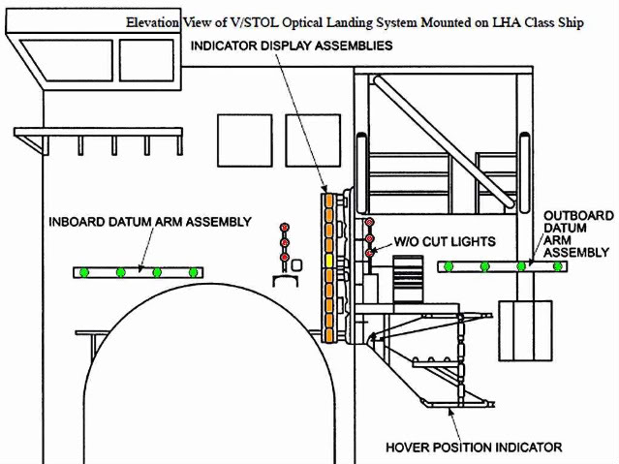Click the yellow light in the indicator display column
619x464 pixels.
coord(328,261)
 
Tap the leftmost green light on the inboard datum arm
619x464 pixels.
coord(83,272)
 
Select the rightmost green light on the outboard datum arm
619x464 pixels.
coord(557,266)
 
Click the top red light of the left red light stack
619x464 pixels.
coord(285,228)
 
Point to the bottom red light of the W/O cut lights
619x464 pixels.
coord(369,253)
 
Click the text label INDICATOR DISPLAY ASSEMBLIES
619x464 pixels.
coord(292,46)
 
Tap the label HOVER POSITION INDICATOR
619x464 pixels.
coord(474,448)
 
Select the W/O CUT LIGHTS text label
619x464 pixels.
coord(445,241)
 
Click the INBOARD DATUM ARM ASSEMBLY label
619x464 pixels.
coord(150,222)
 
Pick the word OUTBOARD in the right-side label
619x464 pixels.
coord(578,216)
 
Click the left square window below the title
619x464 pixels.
coord(245,140)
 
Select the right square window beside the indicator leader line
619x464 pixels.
coord(313,140)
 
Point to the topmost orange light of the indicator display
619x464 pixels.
coord(328,200)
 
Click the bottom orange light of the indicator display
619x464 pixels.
coord(328,335)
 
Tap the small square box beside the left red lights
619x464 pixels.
coord(297,265)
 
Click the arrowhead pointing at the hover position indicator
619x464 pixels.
coord(449,412)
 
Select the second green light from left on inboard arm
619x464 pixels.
coord(120,272)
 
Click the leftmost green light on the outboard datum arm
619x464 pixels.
coord(449,266)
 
